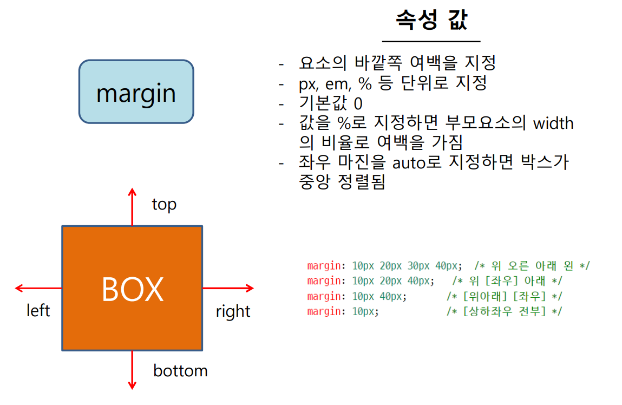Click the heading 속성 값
[x=431, y=20]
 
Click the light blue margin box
[x=136, y=92]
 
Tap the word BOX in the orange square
[x=132, y=289]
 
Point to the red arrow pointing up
[x=132, y=206]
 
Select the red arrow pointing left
[x=38, y=288]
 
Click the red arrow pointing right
[x=228, y=288]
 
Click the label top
[x=164, y=205]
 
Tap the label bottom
[x=180, y=371]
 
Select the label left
[x=38, y=311]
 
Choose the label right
[x=233, y=311]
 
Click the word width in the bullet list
[x=553, y=123]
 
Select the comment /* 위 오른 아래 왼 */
[x=532, y=266]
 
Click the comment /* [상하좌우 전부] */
[x=504, y=311]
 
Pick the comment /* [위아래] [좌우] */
[x=504, y=296]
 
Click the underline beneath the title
[x=431, y=41]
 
